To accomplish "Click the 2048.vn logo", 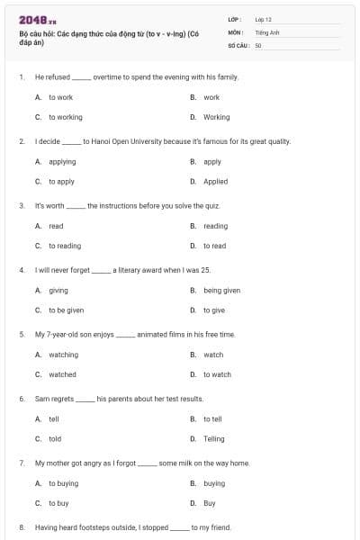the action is pos(31,19).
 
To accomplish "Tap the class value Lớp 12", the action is pos(263,19).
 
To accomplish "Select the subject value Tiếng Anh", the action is pos(265,31).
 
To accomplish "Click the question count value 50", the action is pos(258,44).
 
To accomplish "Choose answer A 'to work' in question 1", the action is pos(60,97).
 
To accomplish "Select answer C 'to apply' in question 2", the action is pos(61,181).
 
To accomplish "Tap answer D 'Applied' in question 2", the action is pos(215,181).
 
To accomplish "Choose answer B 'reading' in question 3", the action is pos(215,226).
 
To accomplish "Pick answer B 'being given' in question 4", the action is pos(221,291).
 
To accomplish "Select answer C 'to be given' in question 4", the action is pos(66,310).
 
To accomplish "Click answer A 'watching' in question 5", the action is pos(63,355).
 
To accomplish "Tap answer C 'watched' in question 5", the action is pos(62,374).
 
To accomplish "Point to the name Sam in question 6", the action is pos(41,399).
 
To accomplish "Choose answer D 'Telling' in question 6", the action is pos(214,438).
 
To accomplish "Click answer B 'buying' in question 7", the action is pos(214,483).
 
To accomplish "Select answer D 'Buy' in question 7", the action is pos(209,503).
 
